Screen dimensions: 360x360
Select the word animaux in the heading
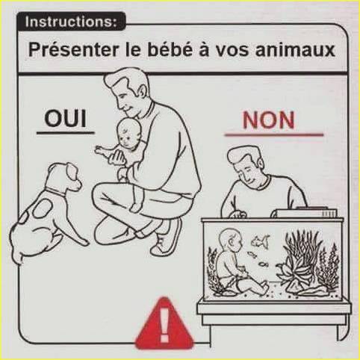295,50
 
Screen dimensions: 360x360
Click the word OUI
66,119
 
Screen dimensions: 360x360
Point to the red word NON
268,120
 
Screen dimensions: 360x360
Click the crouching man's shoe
167,238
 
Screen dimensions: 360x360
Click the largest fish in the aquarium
261,241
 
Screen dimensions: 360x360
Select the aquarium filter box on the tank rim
306,212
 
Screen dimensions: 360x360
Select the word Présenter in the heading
73,49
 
